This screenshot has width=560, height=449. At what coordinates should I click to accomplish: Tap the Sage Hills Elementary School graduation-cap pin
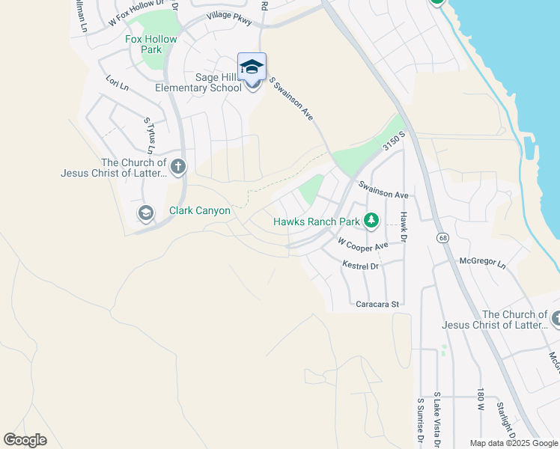(x=252, y=67)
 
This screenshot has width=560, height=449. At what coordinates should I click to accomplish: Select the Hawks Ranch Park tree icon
(x=371, y=220)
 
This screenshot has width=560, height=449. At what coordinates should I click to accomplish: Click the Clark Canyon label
(x=200, y=210)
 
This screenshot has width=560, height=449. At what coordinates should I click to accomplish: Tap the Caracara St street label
(x=379, y=305)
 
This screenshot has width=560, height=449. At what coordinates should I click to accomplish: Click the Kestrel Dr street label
(x=361, y=266)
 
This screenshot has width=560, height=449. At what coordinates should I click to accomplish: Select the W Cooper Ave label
(x=363, y=245)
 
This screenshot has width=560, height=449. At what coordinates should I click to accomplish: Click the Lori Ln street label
(x=118, y=82)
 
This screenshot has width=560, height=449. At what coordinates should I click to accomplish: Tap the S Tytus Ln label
(x=147, y=132)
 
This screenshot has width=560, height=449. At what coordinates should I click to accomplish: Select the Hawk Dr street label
(x=403, y=227)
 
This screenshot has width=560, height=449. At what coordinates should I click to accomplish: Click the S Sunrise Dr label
(x=419, y=420)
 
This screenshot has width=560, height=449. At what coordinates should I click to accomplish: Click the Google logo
(x=25, y=440)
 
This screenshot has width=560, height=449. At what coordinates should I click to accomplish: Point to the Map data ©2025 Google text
(x=514, y=443)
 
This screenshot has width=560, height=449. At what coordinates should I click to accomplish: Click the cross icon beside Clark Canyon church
(x=177, y=166)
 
